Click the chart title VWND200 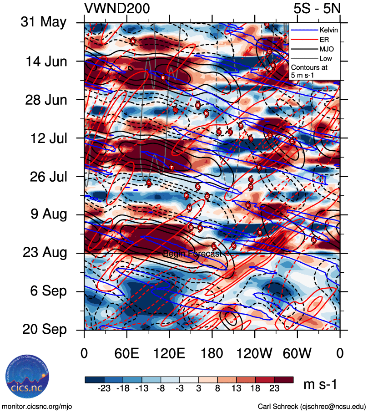coord(117,8)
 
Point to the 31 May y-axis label coord(43,22)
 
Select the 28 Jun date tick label coord(44,99)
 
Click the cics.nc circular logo coord(26,377)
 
